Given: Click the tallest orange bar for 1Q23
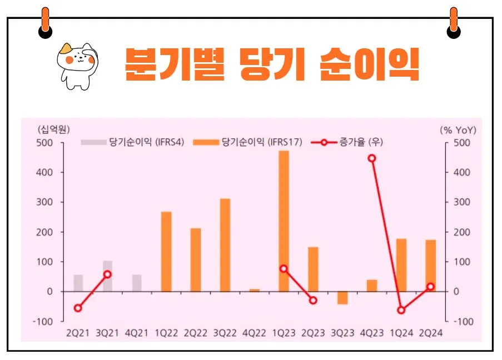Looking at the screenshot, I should coord(284,221).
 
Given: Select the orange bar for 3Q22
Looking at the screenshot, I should coord(225,245).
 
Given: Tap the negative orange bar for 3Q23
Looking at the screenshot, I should coord(342,298).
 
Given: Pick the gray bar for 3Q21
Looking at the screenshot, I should coord(108,276).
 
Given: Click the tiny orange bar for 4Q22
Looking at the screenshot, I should coord(254,290).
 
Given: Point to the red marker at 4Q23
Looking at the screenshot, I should coord(372,158).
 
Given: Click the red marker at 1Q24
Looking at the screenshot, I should coord(401,310).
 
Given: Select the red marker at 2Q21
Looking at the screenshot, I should coord(78,308).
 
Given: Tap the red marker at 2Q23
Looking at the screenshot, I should coord(313,301).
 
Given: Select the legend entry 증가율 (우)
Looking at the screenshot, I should coord(348,142).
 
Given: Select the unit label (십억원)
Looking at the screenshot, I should coord(53,129).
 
